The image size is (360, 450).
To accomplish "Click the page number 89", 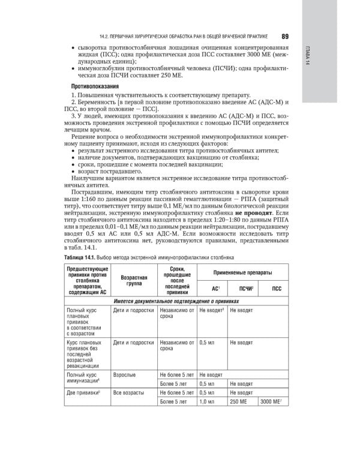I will pyautogui.click(x=284, y=35).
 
